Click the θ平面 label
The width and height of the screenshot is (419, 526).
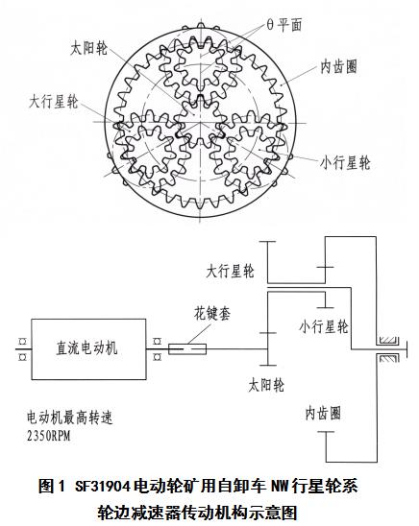point(284,25)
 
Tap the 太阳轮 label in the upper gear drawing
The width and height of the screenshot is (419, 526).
point(88,48)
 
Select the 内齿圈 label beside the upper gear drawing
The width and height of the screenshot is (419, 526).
point(338,66)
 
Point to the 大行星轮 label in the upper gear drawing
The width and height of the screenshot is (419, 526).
point(54,102)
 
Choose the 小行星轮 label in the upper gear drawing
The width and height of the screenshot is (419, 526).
point(345,163)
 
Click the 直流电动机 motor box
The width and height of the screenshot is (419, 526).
point(88,348)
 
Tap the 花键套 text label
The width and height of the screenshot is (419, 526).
point(212,313)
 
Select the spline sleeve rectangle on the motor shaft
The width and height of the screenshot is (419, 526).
point(187,349)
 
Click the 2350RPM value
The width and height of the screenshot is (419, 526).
point(49,436)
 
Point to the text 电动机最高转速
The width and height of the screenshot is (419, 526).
point(70,418)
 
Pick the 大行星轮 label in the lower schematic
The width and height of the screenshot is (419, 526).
point(231,271)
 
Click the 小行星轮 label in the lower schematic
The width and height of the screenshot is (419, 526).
point(324,326)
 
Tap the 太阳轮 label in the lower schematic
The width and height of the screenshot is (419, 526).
point(266,385)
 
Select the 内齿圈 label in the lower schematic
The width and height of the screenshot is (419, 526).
point(323,413)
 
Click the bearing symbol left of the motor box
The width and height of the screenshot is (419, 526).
point(23,349)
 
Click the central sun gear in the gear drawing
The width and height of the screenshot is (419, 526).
point(201,122)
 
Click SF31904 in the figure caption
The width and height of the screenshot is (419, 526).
point(103,487)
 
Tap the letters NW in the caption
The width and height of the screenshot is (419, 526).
point(280,487)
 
